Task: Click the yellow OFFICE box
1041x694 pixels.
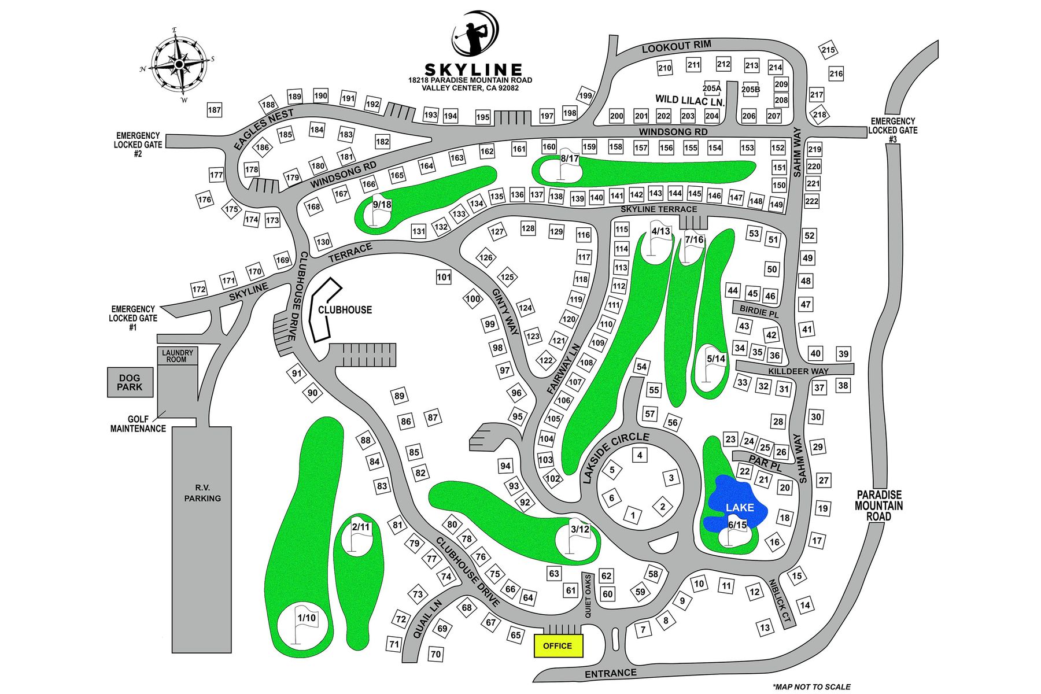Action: (558, 646)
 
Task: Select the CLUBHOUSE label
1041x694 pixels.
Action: (345, 310)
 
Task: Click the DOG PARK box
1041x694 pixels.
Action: (130, 382)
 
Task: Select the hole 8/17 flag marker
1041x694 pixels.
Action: (566, 164)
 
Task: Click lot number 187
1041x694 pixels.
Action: (214, 110)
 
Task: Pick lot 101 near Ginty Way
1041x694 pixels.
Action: (444, 277)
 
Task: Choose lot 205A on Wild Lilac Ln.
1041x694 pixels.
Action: (712, 88)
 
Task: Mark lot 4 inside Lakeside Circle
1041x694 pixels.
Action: (640, 455)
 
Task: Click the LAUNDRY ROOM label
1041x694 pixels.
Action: (178, 356)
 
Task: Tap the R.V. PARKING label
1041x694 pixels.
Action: (202, 493)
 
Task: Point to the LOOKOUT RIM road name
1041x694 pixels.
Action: (676, 47)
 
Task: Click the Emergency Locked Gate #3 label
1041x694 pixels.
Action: (892, 131)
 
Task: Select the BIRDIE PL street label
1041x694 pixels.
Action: (759, 311)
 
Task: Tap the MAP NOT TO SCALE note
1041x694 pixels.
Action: (811, 686)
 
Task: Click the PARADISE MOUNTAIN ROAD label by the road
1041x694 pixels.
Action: (879, 505)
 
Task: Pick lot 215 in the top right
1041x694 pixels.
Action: (828, 50)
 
